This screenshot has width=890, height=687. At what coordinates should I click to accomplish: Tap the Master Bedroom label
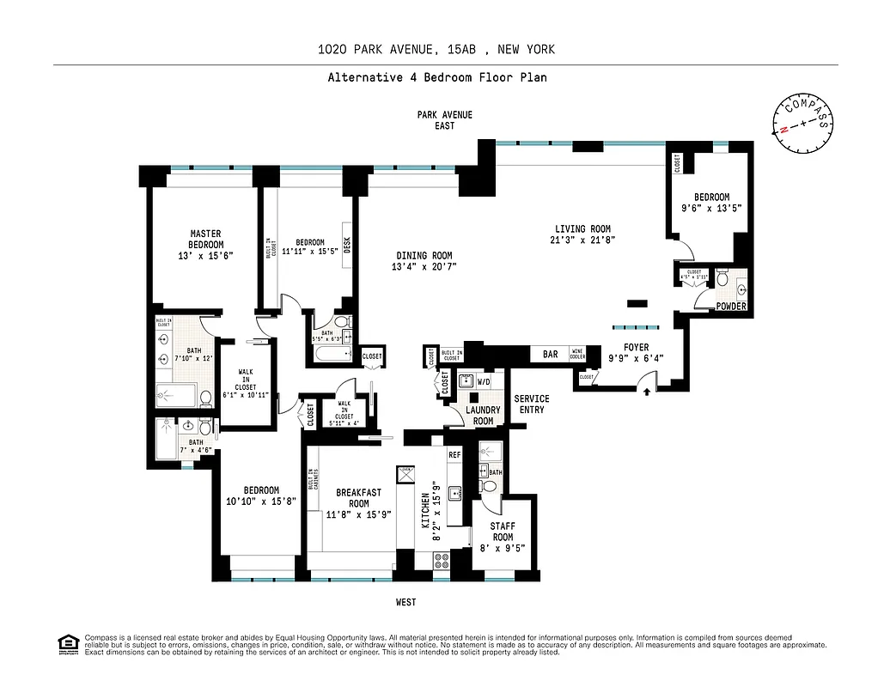[x=205, y=239]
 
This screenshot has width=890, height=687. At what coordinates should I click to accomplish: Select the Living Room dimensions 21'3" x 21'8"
[x=582, y=240]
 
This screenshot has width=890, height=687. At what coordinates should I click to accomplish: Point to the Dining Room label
[x=424, y=255]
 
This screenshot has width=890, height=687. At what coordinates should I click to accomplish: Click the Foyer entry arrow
[x=647, y=392]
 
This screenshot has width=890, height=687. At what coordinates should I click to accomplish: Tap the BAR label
[x=551, y=354]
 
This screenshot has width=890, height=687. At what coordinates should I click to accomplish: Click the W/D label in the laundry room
[x=483, y=381]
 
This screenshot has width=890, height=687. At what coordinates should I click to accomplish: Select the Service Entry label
[x=531, y=404]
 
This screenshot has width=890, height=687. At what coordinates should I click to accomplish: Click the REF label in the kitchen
[x=454, y=455]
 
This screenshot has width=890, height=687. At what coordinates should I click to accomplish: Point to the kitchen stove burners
[x=442, y=560]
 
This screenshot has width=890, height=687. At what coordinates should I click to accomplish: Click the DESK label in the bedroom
[x=348, y=246]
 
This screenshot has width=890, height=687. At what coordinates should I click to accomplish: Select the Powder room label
[x=732, y=307]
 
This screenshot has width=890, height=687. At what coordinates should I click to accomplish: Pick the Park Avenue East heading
[x=444, y=119]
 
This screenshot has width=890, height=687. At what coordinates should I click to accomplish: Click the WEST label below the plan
[x=405, y=602]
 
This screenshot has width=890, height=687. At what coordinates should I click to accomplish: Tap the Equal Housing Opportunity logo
[x=65, y=643]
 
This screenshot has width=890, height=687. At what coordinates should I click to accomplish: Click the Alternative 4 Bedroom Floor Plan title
[x=436, y=77]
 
